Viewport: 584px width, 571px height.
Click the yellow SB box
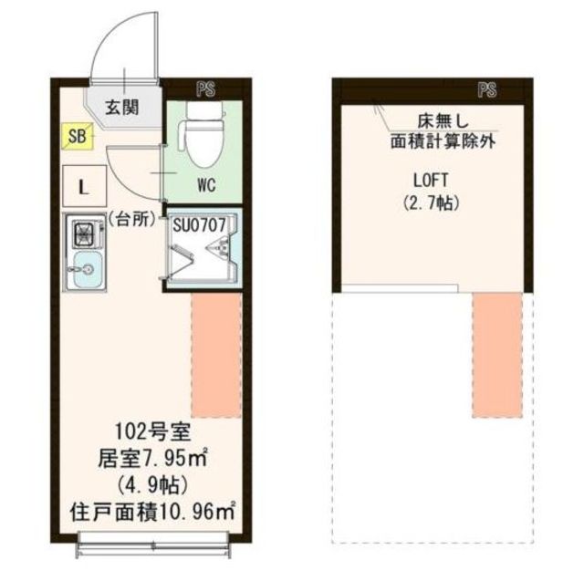click(76, 137)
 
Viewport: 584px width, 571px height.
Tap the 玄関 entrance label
click(120, 107)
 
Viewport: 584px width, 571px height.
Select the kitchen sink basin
click(86, 270)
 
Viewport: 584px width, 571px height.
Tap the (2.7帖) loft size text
click(429, 202)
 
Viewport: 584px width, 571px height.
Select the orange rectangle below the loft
click(497, 355)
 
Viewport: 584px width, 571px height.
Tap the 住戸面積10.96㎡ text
click(151, 511)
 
